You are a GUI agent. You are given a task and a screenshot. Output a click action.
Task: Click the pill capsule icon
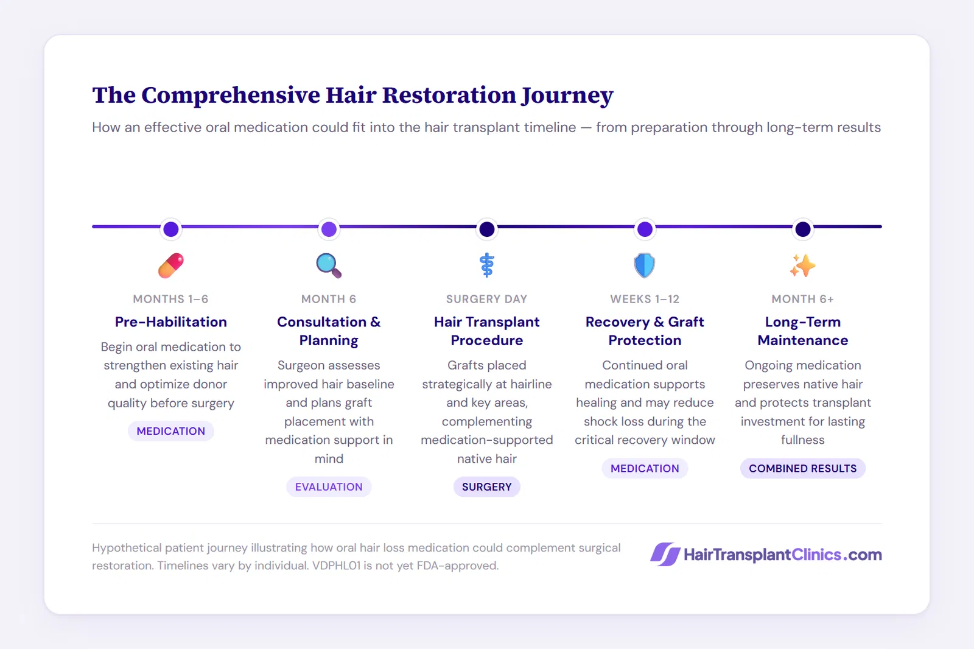pyautogui.click(x=171, y=265)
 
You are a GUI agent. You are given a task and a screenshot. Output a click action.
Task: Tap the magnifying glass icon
pyautogui.click(x=329, y=265)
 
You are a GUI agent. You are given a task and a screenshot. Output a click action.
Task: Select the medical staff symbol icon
pyautogui.click(x=487, y=265)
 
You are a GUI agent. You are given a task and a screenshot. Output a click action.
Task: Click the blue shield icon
pyautogui.click(x=645, y=265)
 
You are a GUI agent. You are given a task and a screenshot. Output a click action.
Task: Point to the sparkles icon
pyautogui.click(x=802, y=265)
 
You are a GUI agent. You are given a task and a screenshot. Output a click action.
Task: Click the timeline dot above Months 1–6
pyautogui.click(x=171, y=229)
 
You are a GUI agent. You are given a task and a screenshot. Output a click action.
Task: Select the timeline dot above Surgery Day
pyautogui.click(x=487, y=229)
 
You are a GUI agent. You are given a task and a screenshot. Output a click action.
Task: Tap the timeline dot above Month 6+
pyautogui.click(x=803, y=229)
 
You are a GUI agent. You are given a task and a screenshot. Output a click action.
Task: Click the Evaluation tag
pyautogui.click(x=329, y=486)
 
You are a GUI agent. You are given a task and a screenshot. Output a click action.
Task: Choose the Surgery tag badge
pyautogui.click(x=487, y=486)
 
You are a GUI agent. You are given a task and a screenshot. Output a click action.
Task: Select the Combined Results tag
pyautogui.click(x=802, y=468)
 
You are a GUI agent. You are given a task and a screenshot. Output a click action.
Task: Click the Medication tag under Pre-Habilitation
pyautogui.click(x=171, y=431)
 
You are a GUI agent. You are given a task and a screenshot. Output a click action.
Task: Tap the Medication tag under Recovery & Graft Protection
pyautogui.click(x=645, y=468)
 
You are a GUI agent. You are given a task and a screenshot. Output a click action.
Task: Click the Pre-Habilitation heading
pyautogui.click(x=171, y=322)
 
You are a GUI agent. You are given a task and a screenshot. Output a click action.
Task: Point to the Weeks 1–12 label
pyautogui.click(x=645, y=299)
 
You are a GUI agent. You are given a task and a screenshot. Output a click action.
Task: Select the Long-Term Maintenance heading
pyautogui.click(x=802, y=331)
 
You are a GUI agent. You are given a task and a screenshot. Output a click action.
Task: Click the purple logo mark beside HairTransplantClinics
pyautogui.click(x=665, y=555)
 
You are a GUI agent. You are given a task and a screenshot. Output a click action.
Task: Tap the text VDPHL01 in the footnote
pyautogui.click(x=336, y=566)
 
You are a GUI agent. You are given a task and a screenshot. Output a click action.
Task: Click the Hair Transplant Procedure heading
pyautogui.click(x=487, y=331)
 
